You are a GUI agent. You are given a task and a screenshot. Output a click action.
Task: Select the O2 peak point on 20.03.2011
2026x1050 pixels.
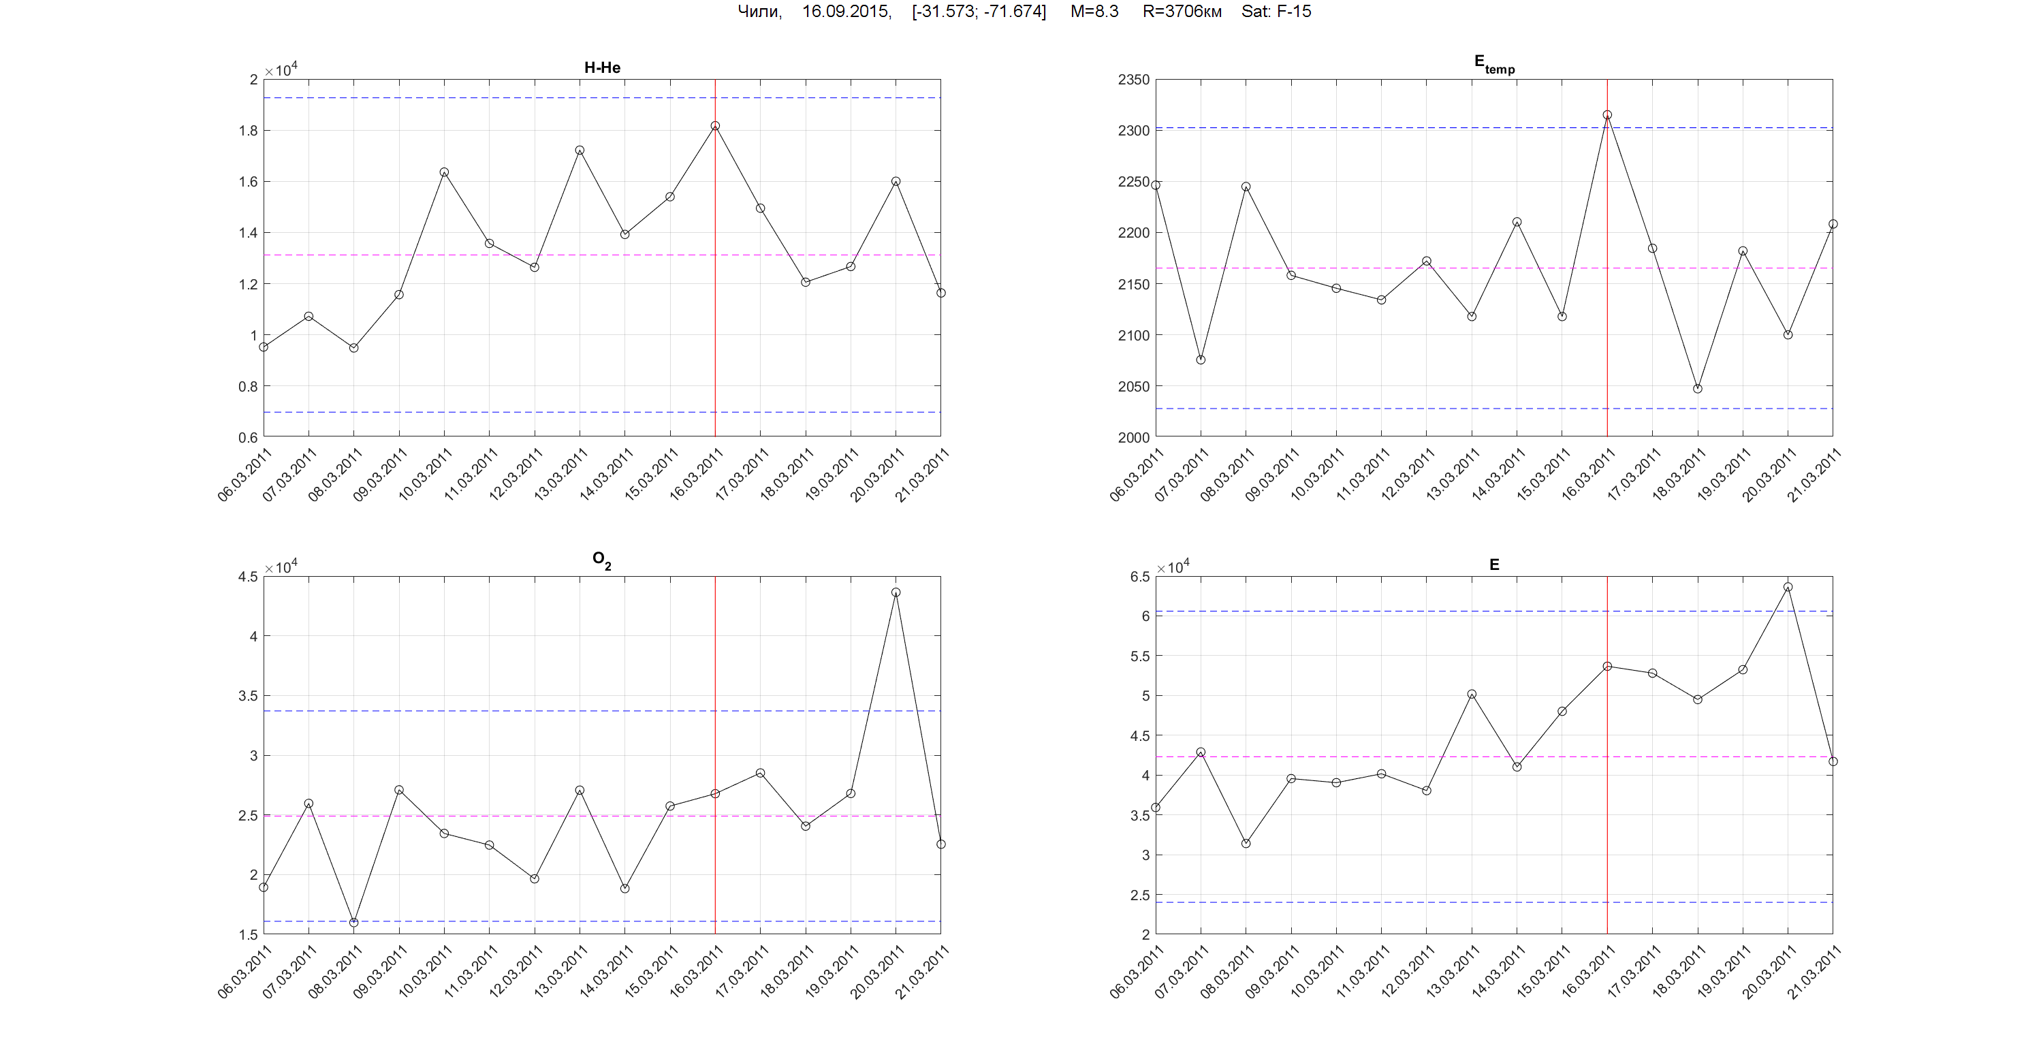point(896,592)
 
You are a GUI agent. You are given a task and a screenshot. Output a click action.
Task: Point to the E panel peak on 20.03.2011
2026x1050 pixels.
point(1788,587)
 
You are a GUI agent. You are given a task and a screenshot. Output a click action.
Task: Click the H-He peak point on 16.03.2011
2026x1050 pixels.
point(715,126)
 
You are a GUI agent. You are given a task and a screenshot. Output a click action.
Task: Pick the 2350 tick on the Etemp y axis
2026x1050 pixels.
point(1133,80)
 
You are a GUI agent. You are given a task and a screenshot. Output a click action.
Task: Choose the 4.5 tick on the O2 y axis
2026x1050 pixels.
point(248,577)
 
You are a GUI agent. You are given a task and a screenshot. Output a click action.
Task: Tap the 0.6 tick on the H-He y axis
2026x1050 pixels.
point(248,437)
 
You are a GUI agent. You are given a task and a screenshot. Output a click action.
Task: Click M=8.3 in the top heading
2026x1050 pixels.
point(1094,12)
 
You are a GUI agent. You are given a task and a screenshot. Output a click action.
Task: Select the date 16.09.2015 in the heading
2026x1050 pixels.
point(846,12)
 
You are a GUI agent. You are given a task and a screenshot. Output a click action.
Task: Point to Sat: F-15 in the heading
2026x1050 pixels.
point(1276,12)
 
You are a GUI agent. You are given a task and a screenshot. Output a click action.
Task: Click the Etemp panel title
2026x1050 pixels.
point(1493,65)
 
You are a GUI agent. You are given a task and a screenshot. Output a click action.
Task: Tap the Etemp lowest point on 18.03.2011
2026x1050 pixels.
point(1697,389)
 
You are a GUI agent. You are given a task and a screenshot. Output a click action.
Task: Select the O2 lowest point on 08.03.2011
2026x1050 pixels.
point(354,923)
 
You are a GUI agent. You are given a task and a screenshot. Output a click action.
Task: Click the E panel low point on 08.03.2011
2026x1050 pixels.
point(1246,843)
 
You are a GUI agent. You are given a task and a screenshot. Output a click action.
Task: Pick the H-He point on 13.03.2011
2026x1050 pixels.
point(580,150)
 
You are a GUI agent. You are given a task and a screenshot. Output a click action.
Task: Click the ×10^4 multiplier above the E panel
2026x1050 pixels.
point(1173,567)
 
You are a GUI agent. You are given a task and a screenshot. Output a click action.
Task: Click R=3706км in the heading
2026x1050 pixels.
point(1182,12)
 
